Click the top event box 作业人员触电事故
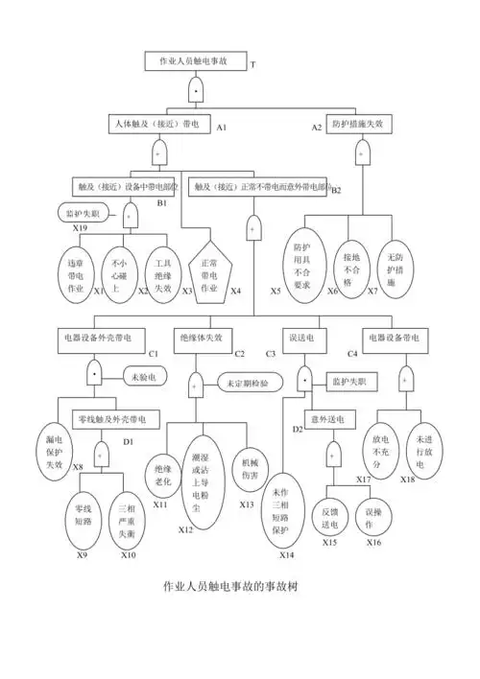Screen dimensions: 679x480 pyautogui.click(x=193, y=60)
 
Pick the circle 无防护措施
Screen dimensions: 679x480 pyautogui.click(x=395, y=264)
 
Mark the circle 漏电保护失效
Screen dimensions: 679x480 pyautogui.click(x=55, y=450)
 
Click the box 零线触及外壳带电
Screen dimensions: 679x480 pyautogui.click(x=109, y=419)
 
